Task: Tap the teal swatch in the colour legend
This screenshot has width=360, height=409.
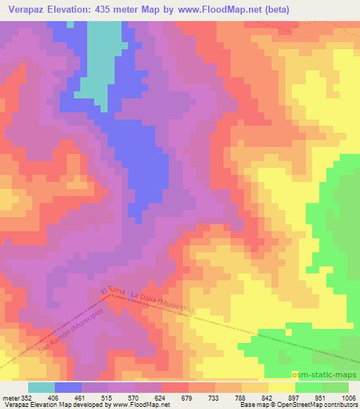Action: click(x=41, y=388)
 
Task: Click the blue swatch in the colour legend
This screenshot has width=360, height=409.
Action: click(x=68, y=388)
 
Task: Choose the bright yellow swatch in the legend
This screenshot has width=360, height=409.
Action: click(x=282, y=388)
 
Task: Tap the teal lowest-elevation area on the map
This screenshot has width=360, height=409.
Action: click(x=98, y=70)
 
